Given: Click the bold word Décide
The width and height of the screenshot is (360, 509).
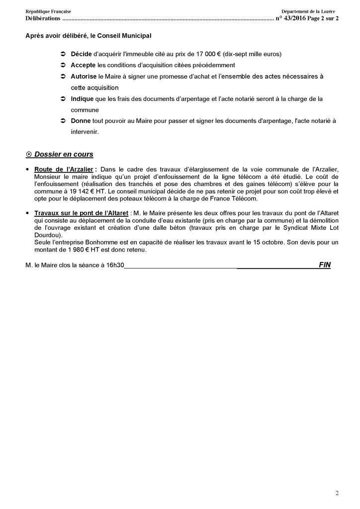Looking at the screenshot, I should pos(81,53).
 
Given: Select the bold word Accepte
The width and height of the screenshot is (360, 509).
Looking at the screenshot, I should pos(84,65).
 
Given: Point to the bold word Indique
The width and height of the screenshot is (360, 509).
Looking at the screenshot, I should pos(82,99).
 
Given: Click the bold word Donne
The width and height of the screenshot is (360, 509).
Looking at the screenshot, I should pos(81,121).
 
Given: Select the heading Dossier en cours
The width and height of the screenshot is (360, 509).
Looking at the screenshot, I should pos(63,154).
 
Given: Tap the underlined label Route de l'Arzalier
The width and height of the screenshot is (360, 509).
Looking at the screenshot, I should pos(64,169).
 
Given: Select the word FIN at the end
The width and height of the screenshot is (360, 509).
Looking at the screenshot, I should pos(325,265).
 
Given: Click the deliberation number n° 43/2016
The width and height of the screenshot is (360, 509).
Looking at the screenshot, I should pos(290,18).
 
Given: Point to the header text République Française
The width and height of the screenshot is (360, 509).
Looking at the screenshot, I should pos(48,11).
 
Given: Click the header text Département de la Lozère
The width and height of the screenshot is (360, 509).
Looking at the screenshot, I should pos(308,11).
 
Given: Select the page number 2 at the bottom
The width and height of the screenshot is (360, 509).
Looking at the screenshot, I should pos(337,493).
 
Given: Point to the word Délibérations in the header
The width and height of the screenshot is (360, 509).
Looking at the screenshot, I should pos(43,18).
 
